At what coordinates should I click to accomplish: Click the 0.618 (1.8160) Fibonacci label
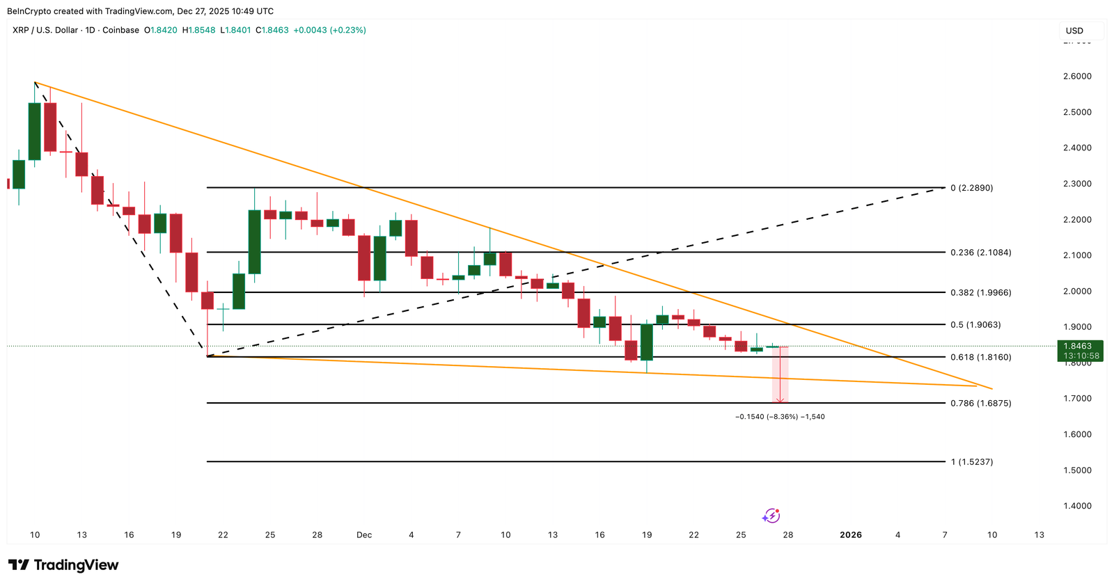(x=980, y=357)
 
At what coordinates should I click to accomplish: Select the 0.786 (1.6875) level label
(x=980, y=403)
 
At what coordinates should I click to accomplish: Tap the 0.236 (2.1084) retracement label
(x=980, y=253)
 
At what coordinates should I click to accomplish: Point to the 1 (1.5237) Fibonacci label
(x=971, y=462)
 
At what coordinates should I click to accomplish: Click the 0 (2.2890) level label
(x=971, y=188)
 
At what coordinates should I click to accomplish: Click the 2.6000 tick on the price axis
(x=1077, y=77)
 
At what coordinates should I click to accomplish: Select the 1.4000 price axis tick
(x=1077, y=506)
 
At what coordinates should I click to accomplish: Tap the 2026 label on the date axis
(x=851, y=535)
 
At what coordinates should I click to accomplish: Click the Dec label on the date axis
(x=364, y=535)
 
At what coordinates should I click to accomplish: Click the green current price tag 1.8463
(x=1078, y=346)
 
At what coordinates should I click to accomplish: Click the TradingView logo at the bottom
(x=63, y=565)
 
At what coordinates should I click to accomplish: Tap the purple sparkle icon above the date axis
(x=771, y=516)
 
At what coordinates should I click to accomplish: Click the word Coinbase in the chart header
(x=120, y=31)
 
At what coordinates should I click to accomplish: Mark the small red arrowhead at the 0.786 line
(x=780, y=400)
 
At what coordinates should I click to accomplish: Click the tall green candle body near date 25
(x=255, y=241)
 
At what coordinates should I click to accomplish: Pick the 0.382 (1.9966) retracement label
(x=980, y=293)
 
